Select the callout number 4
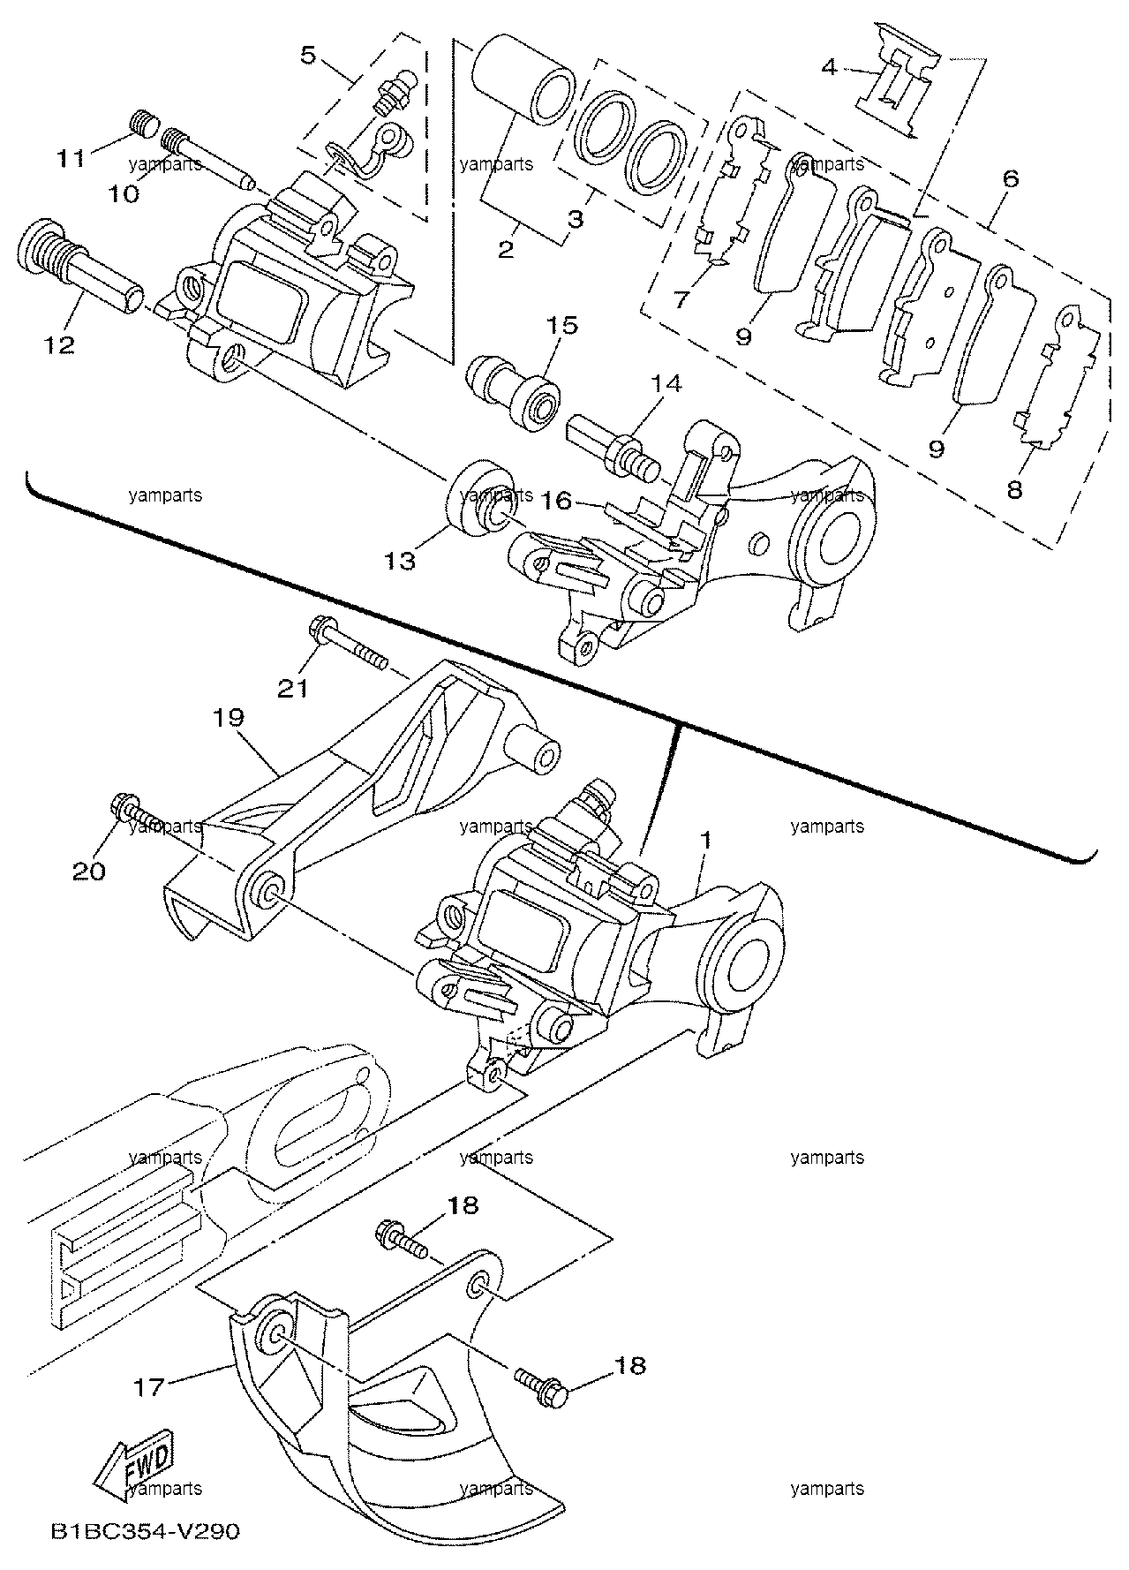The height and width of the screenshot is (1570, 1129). point(828,65)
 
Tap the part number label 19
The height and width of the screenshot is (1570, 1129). point(227,717)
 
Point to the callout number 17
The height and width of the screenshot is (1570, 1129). point(149,1387)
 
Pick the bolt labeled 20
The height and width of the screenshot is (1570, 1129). point(135,819)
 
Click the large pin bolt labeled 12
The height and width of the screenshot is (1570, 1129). point(81,259)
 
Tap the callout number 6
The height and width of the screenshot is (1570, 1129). point(1010,179)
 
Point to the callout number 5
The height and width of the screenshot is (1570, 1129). point(307,55)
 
